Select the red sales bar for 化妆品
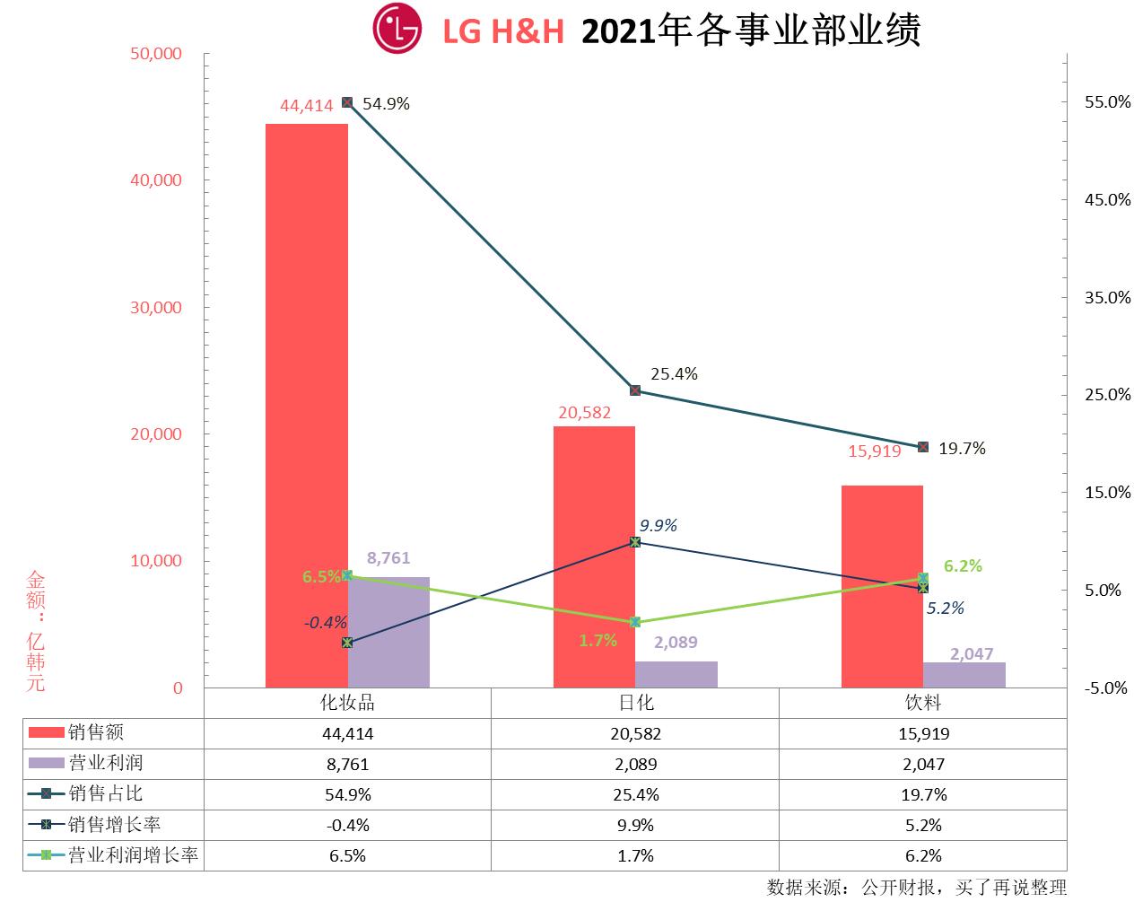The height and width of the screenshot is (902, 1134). coord(307,404)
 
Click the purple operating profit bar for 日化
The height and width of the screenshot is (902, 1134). coord(676,674)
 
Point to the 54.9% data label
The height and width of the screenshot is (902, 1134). coord(386,104)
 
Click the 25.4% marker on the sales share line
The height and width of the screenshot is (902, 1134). coord(635,390)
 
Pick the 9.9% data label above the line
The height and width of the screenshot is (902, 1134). coord(659,526)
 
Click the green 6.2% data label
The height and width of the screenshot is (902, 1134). coord(963,566)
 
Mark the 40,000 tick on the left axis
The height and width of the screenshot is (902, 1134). coord(157,180)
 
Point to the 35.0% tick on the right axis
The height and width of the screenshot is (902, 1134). coord(1108,298)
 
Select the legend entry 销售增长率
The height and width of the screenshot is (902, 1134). coord(114,825)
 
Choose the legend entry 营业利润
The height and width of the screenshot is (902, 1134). coord(105,764)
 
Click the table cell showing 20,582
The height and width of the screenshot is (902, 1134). coord(635,734)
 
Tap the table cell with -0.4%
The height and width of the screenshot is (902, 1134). coord(347,826)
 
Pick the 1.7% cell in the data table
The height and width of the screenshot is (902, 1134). coord(635,856)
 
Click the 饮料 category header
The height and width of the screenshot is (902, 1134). coord(923,703)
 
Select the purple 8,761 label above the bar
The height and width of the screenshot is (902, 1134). coord(388,558)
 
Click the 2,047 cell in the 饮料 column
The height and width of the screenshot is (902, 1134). coord(923,765)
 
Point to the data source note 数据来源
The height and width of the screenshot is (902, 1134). coord(917,888)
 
